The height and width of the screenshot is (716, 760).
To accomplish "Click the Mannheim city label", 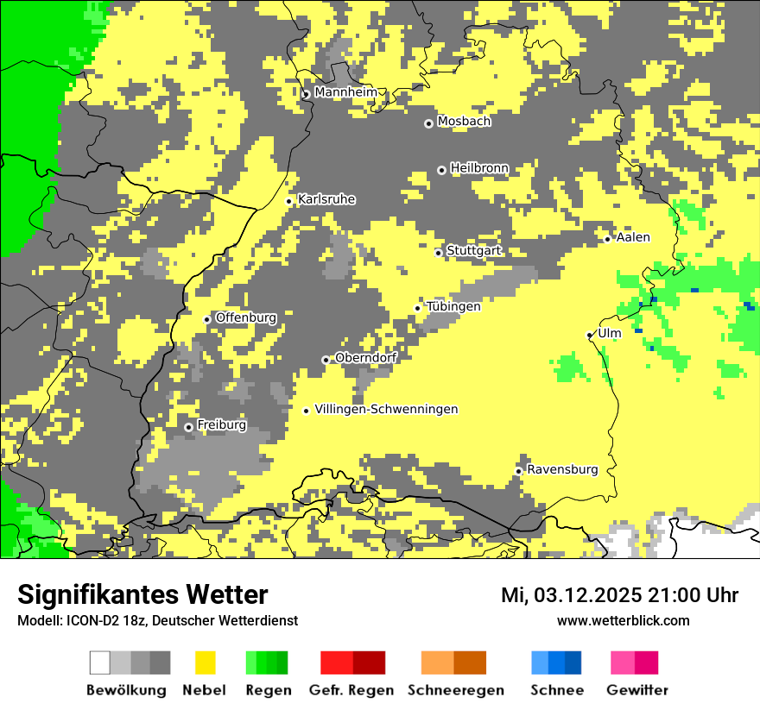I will (345, 92).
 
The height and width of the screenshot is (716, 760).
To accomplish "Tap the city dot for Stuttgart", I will (439, 253).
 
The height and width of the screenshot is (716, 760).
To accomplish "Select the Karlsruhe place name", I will (326, 199).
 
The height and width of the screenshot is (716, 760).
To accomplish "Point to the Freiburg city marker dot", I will (189, 427).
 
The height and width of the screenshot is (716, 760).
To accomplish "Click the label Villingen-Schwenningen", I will (386, 409).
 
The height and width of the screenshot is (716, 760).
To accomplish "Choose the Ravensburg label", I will (562, 469).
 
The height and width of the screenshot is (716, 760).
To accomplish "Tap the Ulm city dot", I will (590, 335).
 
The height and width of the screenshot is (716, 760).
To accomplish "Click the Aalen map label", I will (633, 237).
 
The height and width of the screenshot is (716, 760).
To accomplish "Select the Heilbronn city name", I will (479, 168).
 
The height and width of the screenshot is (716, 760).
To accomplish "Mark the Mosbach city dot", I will (428, 123).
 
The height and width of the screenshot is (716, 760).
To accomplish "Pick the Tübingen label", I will (453, 306).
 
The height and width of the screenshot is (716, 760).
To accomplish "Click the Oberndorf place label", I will (365, 358).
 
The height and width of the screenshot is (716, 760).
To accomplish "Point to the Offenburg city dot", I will (207, 319).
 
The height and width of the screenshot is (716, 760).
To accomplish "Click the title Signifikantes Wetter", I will (142, 594).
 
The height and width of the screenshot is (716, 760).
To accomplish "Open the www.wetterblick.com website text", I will (623, 620).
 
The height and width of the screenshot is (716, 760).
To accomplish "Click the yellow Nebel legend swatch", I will (206, 663).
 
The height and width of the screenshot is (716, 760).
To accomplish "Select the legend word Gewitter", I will (637, 690).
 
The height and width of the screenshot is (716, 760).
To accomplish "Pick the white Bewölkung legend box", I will (100, 663).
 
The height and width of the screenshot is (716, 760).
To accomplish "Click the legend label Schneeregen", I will (456, 690).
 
